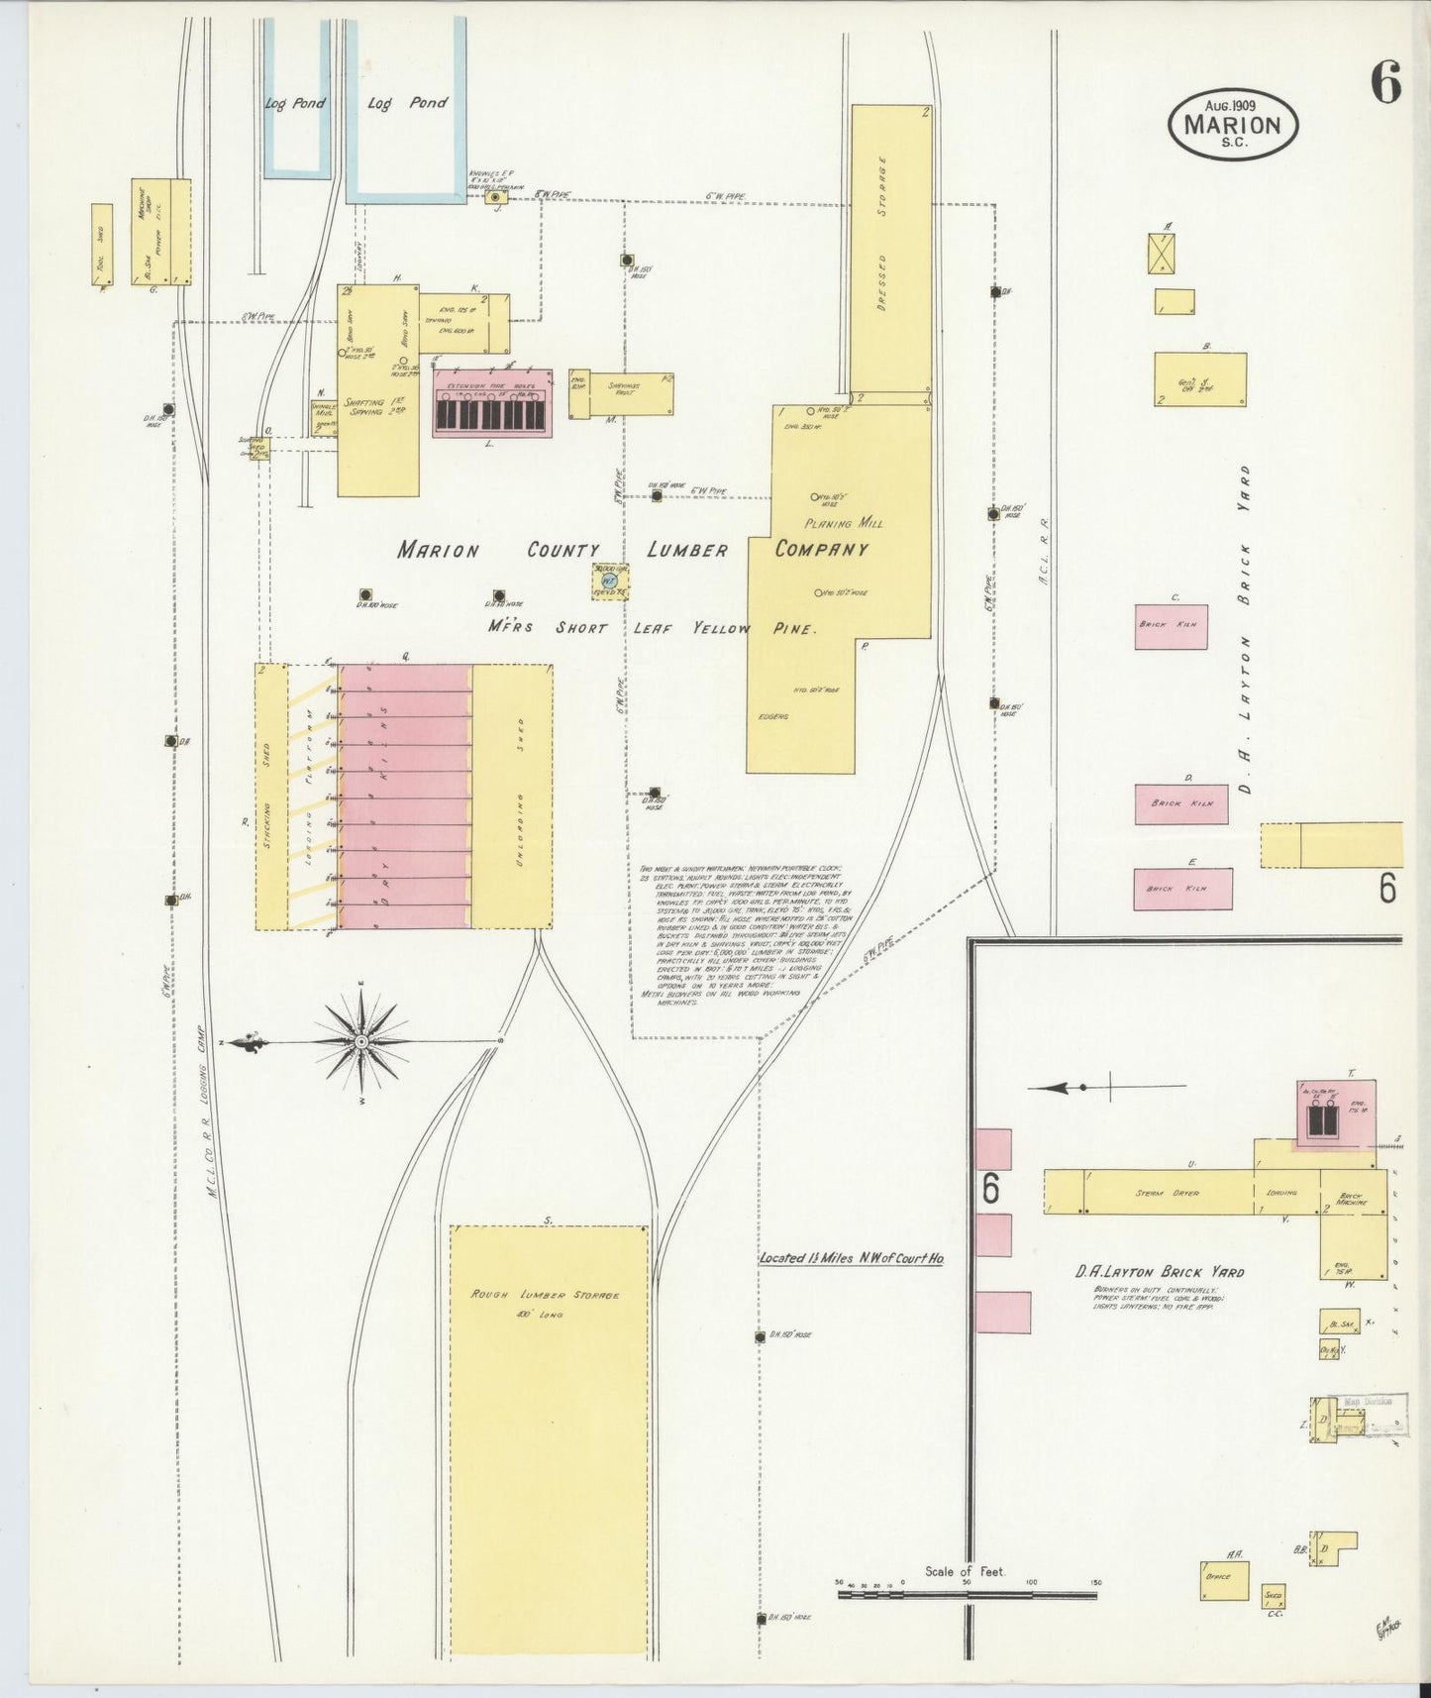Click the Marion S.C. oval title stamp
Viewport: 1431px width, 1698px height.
(x=1232, y=124)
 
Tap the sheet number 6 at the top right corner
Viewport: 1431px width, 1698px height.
(x=1385, y=82)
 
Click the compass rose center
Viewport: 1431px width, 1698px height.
(x=361, y=1041)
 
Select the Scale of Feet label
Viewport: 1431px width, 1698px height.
(x=964, y=1571)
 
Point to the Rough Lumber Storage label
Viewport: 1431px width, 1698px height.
(x=546, y=1295)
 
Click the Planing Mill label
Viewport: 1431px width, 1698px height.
(x=844, y=522)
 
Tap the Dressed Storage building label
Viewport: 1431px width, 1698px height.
(x=881, y=235)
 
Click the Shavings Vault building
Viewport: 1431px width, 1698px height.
(x=630, y=393)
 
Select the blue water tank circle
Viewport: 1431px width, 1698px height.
(x=610, y=581)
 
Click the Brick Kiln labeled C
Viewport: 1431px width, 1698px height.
(x=1171, y=627)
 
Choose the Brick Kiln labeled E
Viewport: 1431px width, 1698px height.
(x=1182, y=889)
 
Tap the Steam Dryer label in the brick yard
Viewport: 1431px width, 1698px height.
(x=1167, y=1193)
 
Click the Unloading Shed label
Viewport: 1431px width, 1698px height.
(x=519, y=794)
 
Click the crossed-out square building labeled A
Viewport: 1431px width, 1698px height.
(x=1161, y=253)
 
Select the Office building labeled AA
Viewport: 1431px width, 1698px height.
(x=1224, y=1580)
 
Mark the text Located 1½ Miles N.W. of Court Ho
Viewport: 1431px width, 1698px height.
(x=851, y=1258)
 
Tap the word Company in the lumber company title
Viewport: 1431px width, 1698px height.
(x=821, y=550)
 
